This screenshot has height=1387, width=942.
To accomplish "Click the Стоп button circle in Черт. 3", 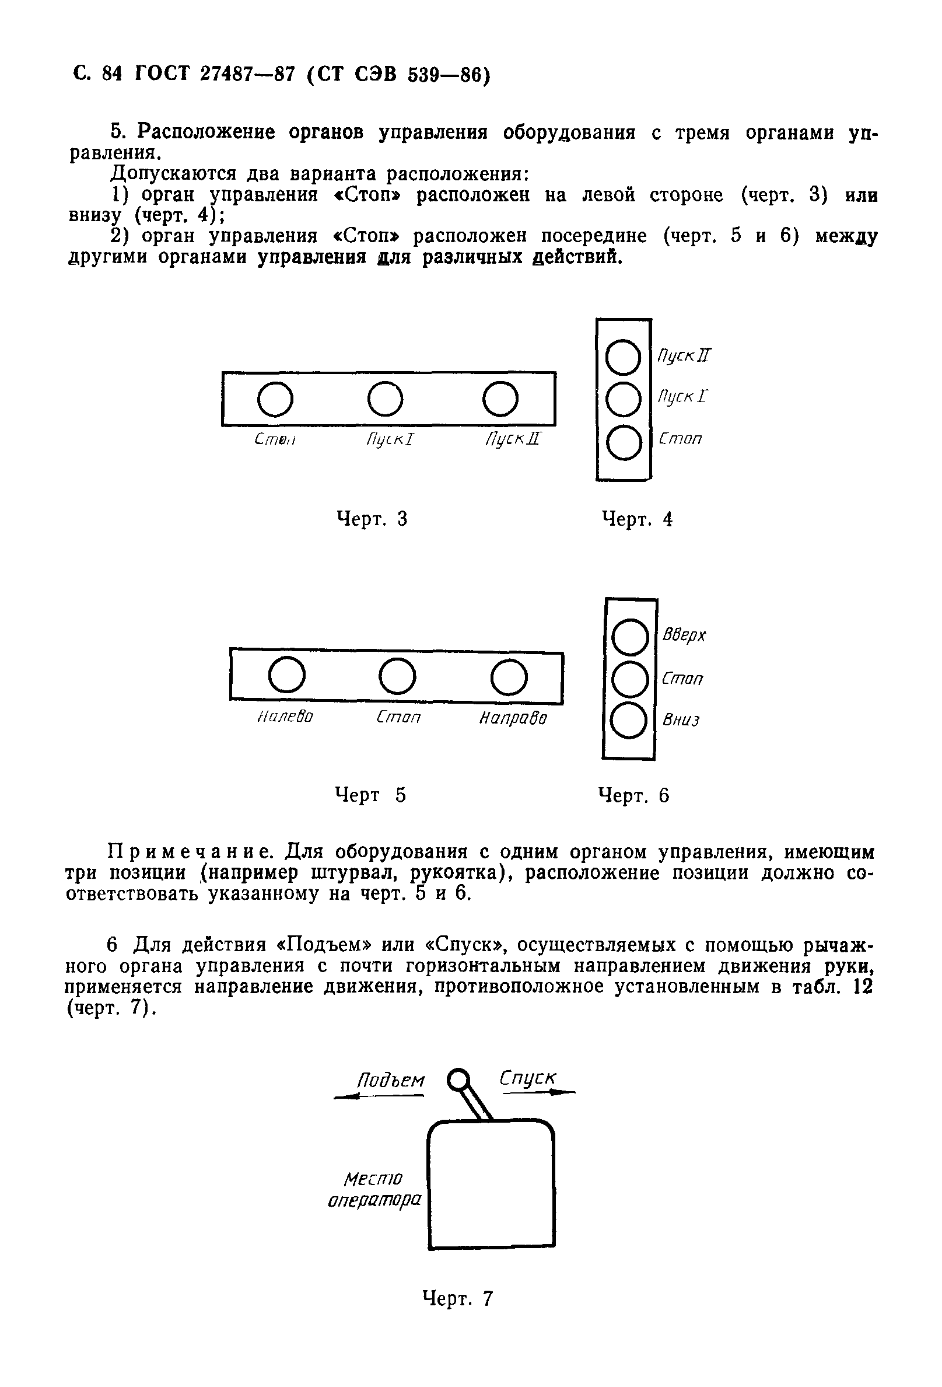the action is [275, 399].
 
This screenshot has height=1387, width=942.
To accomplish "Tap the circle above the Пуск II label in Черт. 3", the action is [500, 399].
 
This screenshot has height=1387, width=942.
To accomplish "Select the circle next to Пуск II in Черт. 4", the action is [623, 358].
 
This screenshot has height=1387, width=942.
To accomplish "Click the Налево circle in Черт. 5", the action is [287, 676].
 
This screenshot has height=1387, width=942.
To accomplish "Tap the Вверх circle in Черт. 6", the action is [631, 637].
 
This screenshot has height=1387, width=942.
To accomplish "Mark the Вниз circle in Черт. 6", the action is [629, 721].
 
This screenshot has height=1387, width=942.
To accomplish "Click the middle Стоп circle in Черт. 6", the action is [631, 679].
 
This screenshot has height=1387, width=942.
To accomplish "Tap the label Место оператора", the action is [374, 1189].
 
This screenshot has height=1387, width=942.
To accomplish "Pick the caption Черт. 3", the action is [372, 519].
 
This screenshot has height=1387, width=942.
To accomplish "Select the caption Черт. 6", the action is [633, 795].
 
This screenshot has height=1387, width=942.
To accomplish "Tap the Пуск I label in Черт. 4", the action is [682, 396].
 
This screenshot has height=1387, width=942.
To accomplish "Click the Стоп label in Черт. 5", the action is [398, 717].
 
